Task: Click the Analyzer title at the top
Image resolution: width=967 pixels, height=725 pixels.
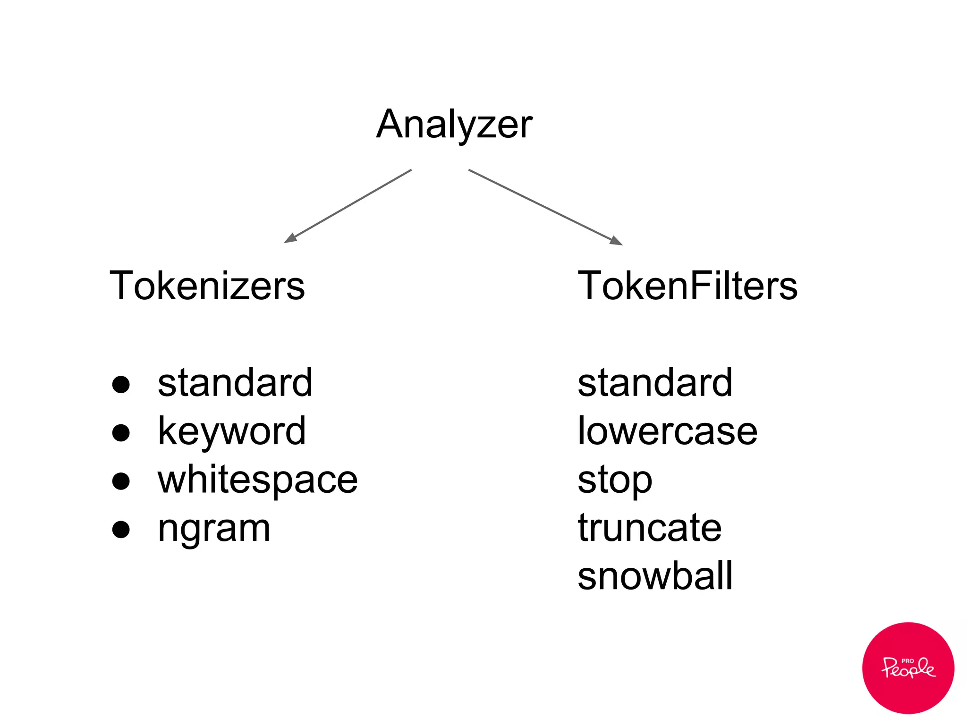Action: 454,124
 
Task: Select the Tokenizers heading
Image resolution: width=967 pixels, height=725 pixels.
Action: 207,286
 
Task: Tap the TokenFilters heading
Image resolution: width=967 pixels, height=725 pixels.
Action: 687,286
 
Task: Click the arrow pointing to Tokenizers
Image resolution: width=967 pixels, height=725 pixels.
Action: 348,206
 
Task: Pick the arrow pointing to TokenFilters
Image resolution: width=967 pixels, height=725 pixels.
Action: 545,207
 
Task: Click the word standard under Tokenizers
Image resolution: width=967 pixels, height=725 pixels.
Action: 235,383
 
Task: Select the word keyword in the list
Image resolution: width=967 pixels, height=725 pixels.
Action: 231,431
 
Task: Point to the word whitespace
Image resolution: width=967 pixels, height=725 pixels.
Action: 257,480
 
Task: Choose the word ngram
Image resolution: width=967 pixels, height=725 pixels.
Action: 214,529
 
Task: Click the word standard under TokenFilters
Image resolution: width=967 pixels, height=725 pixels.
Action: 655,383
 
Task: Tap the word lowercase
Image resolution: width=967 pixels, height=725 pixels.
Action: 667,431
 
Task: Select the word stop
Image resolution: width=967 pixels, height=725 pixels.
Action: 615,481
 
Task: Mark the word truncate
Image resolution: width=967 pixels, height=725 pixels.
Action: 650,528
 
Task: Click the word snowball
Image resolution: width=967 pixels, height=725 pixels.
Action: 655,576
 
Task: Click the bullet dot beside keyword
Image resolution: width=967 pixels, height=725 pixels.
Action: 121,433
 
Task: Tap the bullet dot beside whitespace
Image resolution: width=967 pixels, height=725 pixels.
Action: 121,481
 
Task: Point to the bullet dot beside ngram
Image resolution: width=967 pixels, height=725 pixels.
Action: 121,530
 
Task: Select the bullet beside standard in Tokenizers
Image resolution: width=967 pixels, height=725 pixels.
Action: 121,384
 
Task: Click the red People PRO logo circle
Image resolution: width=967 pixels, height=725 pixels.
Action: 908,667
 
